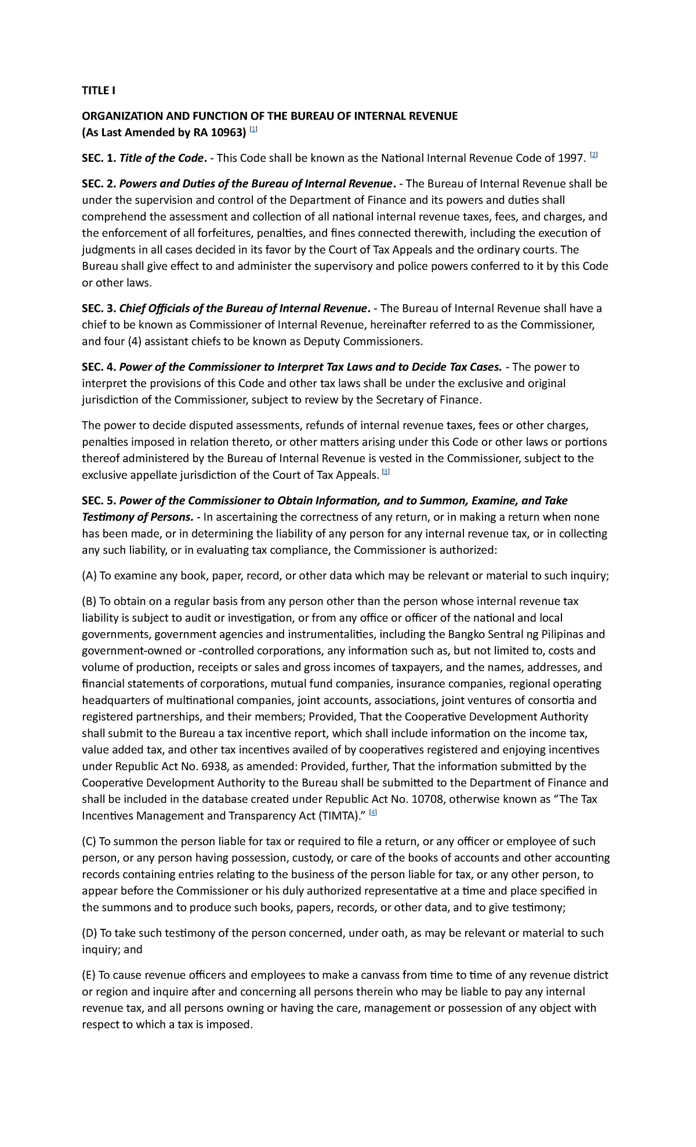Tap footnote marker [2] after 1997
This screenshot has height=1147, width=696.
593,156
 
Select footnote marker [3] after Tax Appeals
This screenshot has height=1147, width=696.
386,472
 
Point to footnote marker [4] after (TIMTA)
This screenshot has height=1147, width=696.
373,813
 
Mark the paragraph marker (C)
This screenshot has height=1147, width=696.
89,842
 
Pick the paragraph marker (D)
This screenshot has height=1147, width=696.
90,933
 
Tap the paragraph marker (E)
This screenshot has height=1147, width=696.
89,975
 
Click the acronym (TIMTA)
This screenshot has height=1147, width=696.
339,816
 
